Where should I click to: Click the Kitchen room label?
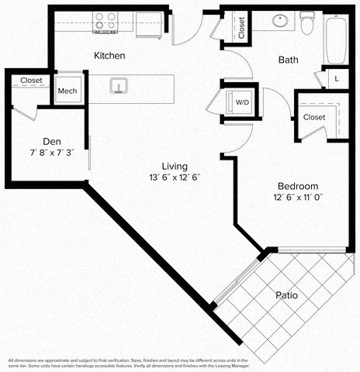[109, 57]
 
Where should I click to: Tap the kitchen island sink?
[119, 85]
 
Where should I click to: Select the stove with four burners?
[105, 21]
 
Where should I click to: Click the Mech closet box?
[68, 91]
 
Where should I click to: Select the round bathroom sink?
[279, 21]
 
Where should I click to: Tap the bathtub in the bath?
[335, 40]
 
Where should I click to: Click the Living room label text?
[175, 166]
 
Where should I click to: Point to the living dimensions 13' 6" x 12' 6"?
[175, 177]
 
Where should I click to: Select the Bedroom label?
[299, 187]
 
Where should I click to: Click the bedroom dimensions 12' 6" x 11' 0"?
[299, 198]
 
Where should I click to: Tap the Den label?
[52, 142]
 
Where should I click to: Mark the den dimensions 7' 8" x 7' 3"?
[52, 153]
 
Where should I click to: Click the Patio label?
[286, 295]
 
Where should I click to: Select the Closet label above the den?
[31, 80]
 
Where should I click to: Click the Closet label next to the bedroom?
[314, 117]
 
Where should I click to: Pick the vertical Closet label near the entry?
[242, 27]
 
